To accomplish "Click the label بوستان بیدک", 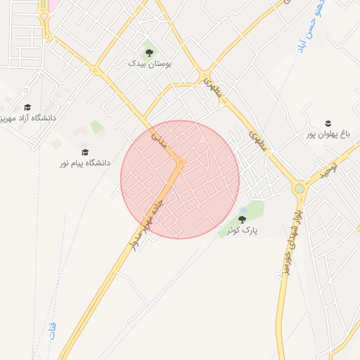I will tap(149, 63).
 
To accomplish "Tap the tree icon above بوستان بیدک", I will tap(149, 52).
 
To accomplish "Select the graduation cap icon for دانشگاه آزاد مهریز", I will tap(27, 108).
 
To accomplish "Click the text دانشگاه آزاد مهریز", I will tap(27, 118).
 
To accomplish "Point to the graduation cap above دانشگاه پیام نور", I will tap(85, 152).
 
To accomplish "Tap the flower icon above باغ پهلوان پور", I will tap(327, 123).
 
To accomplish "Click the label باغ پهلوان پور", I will tap(327, 134).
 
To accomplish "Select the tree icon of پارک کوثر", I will tap(242, 220).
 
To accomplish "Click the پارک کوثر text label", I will tap(242, 230).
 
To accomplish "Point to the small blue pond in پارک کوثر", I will tap(243, 210).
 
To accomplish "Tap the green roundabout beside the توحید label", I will tap(300, 188).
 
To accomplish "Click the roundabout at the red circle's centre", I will tap(181, 163).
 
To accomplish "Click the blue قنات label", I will tap(53, 330).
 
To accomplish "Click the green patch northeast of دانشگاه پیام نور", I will tap(96, 127).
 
